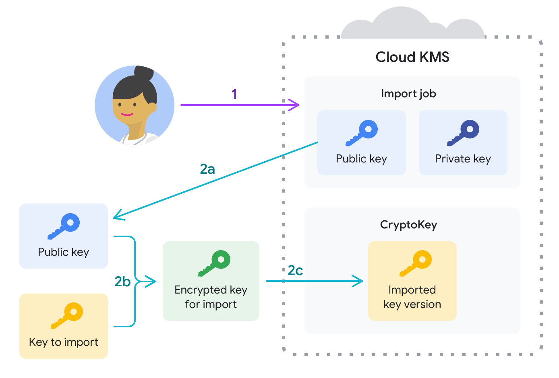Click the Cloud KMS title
(x=412, y=57)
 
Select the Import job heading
(x=408, y=94)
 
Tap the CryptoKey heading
(x=408, y=224)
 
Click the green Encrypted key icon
(x=215, y=263)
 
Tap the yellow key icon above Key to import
(x=67, y=315)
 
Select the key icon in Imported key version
(x=416, y=263)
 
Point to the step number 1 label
(x=234, y=94)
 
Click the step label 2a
(x=207, y=169)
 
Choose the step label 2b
(x=122, y=281)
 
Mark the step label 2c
(x=295, y=271)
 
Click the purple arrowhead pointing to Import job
(x=295, y=105)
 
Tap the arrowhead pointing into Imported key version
(x=358, y=281)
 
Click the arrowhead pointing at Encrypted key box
(x=151, y=281)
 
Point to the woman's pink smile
(x=127, y=115)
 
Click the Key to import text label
(x=64, y=342)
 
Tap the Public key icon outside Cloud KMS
(x=64, y=226)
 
